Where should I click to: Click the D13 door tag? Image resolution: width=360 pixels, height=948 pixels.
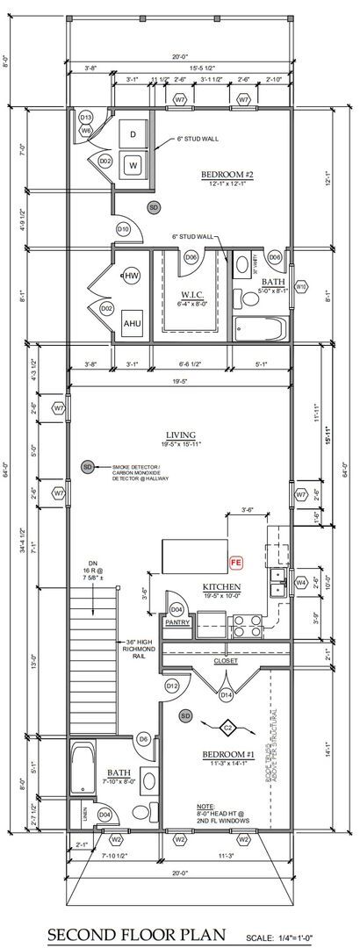(x=86, y=117)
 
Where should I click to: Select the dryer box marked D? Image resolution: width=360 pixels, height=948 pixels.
(x=133, y=134)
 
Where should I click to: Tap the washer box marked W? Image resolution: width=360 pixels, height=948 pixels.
(x=133, y=164)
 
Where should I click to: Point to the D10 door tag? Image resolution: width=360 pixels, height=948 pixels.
(x=123, y=229)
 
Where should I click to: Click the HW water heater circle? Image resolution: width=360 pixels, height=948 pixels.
(x=133, y=276)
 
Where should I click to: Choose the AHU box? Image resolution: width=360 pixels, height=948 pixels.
(x=133, y=323)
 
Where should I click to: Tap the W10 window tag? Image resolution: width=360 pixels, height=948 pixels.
(x=301, y=286)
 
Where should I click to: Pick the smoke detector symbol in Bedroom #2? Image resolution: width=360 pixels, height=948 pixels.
(x=154, y=207)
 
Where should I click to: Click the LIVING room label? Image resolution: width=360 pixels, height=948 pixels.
(x=179, y=434)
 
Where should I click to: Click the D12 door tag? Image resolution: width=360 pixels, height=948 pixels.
(x=172, y=685)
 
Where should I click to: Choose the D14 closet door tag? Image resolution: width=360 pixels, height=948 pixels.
(x=227, y=694)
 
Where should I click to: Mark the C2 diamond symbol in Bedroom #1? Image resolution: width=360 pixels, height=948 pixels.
(x=227, y=728)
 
